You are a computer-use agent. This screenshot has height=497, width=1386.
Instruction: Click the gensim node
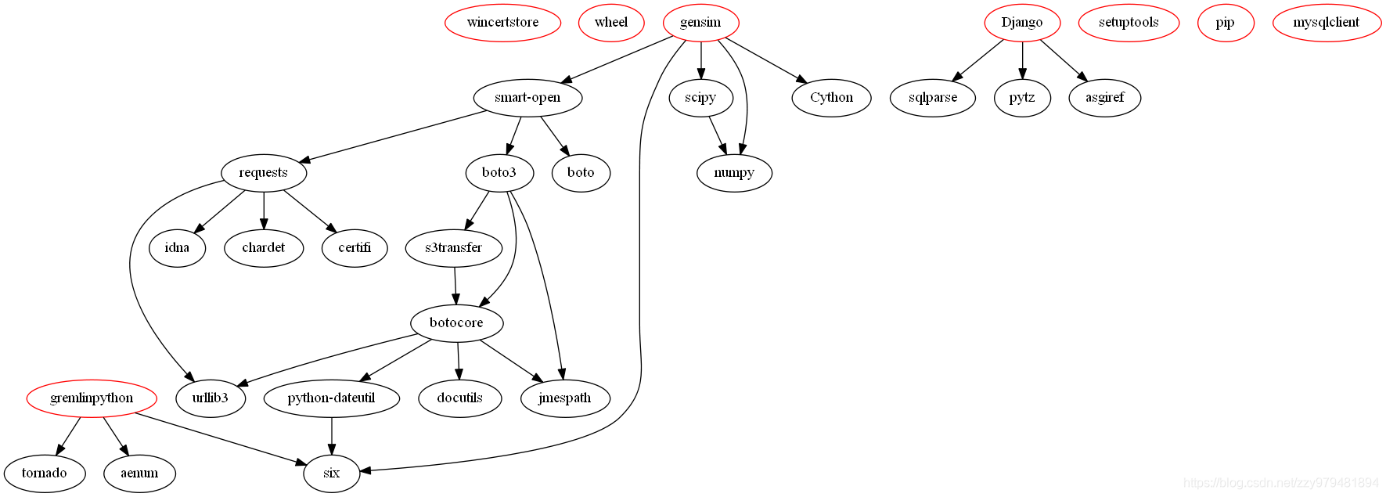(700, 23)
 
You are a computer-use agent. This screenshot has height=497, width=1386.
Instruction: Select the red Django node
(1022, 23)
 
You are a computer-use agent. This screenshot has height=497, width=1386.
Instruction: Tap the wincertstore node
(502, 23)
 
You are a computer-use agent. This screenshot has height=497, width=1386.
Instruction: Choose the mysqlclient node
(1326, 23)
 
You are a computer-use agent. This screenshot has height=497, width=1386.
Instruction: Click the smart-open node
(527, 98)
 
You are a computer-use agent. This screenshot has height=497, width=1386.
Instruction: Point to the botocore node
(456, 322)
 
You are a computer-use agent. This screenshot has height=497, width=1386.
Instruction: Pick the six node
(331, 473)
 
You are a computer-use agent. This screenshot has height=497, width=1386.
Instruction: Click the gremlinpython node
(92, 398)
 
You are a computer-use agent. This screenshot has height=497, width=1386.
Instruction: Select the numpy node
(734, 173)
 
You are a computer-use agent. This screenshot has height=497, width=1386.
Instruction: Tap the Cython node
(831, 98)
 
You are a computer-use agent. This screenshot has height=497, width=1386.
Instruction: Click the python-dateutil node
(331, 398)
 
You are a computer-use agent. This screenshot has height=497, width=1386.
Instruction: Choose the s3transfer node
(453, 248)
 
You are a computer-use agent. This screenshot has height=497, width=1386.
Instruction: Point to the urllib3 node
(211, 398)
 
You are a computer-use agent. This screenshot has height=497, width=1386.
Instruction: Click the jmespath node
(564, 398)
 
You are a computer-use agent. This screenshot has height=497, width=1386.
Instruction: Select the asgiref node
(1104, 98)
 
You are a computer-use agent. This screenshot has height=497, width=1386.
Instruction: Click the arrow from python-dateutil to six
(331, 435)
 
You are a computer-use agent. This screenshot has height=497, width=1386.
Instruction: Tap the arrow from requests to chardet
(264, 210)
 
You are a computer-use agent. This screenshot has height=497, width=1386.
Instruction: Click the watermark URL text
(1281, 483)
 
